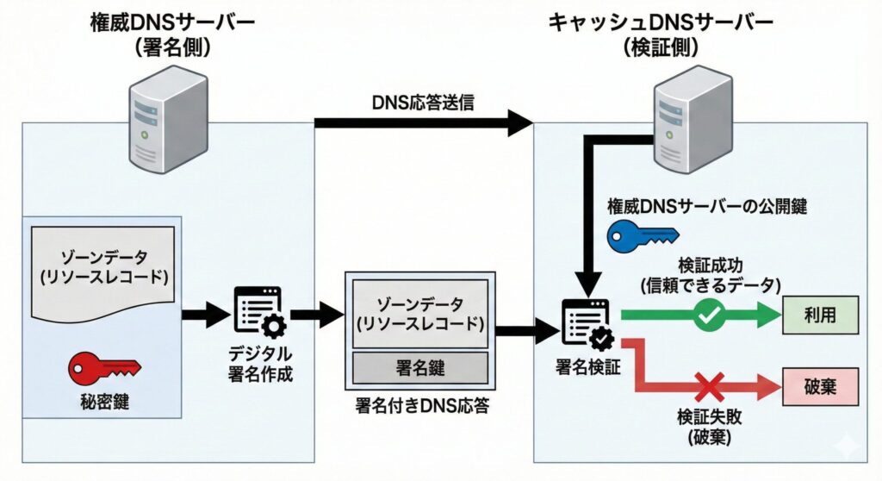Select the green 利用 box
click(x=820, y=316)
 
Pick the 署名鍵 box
click(x=419, y=368)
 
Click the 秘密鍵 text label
click(x=104, y=401)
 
